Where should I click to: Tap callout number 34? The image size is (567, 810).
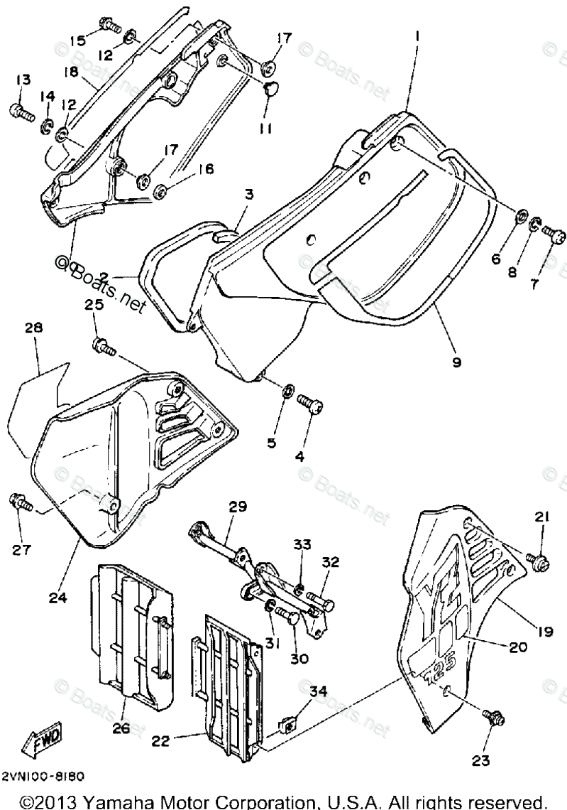(x=318, y=690)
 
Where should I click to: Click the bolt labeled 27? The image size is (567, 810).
(x=19, y=503)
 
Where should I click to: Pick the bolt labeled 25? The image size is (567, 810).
(x=104, y=347)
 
